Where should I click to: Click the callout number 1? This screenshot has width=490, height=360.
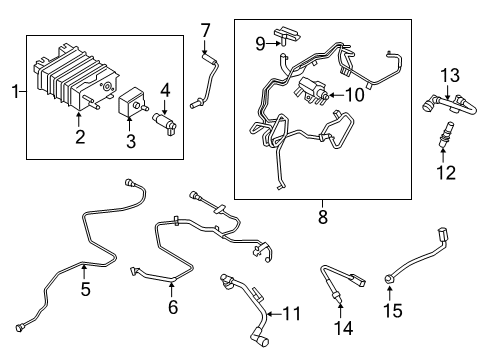pos(11,92)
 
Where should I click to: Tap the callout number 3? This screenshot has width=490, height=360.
pos(130,141)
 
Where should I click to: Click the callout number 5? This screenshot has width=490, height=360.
pos(85,291)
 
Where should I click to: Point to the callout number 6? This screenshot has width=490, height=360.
pos(172,307)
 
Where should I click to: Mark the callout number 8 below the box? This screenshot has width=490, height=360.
pos(322,213)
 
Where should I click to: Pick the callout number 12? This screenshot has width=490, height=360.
pos(446,172)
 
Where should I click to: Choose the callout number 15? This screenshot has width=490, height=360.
pos(393,311)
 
